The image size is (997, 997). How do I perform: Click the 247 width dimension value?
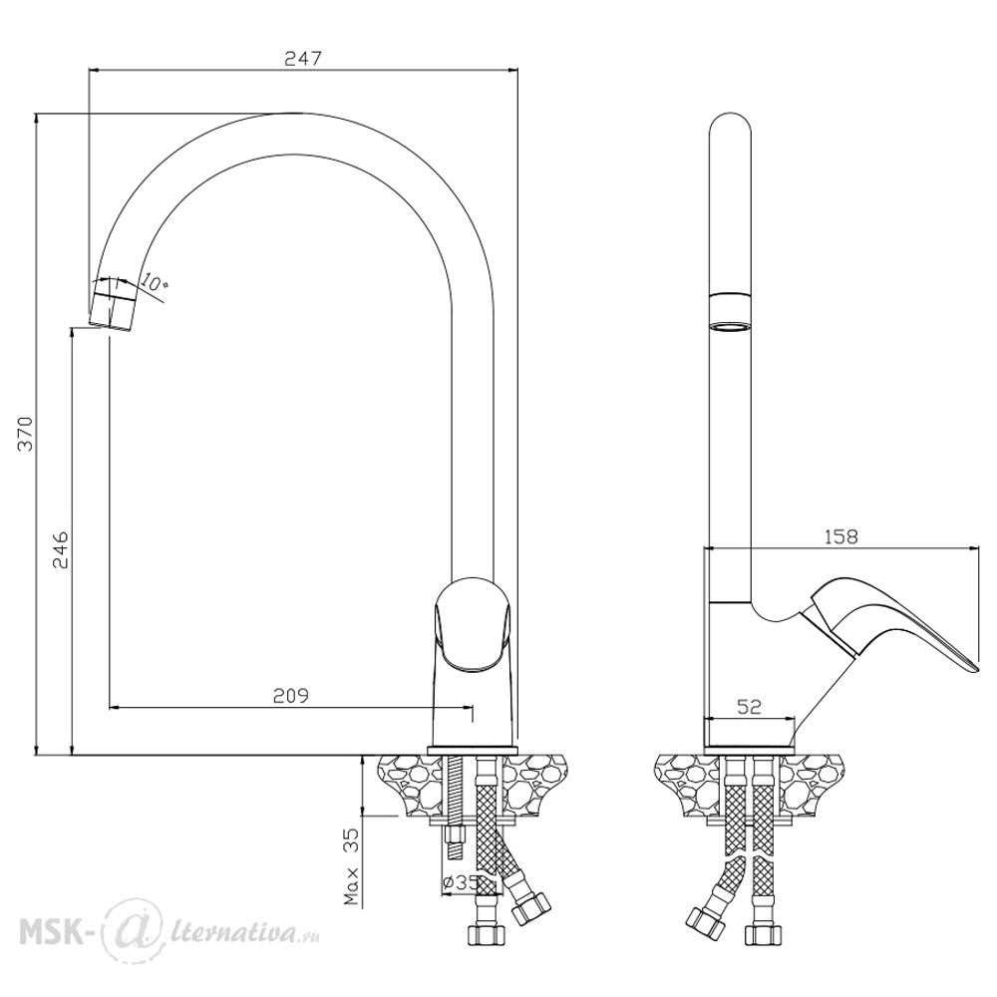click(303, 59)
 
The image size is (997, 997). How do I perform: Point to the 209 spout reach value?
click(290, 696)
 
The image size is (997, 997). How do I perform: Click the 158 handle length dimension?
click(841, 537)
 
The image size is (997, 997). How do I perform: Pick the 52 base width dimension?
click(749, 707)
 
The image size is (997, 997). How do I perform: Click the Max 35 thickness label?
click(352, 866)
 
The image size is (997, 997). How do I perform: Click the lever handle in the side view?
click(887, 622)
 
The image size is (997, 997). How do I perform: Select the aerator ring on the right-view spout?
click(730, 312)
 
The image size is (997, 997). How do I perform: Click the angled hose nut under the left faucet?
click(531, 907)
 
